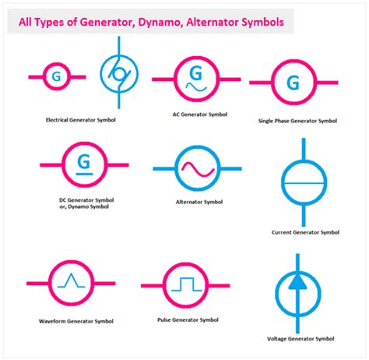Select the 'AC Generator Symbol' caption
[199, 115]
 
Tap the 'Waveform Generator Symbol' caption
[76, 321]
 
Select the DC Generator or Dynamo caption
[85, 203]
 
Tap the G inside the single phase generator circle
[293, 81]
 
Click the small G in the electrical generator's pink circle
[56, 76]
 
